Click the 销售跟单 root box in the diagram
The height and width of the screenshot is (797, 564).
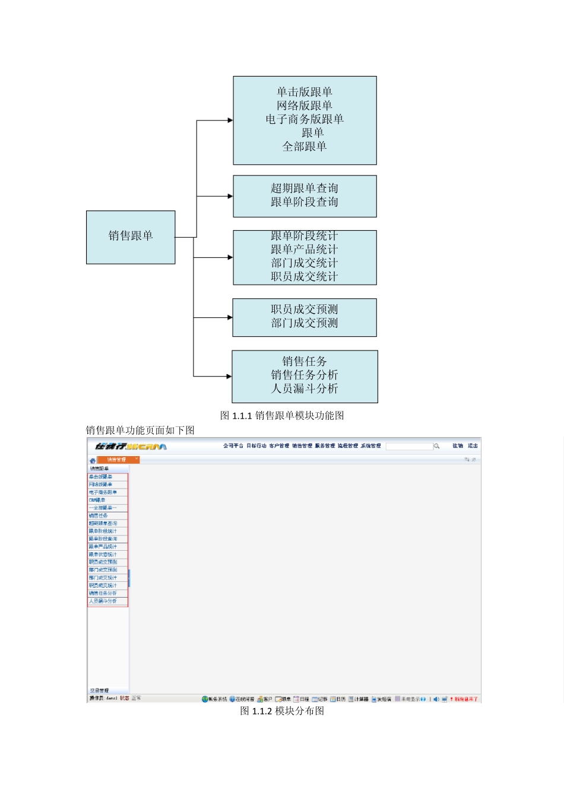[x=131, y=237]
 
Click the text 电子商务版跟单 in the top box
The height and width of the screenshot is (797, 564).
[x=305, y=119]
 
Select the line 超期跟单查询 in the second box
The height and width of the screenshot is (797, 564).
[x=305, y=189]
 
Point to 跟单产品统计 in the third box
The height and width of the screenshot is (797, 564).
[x=305, y=250]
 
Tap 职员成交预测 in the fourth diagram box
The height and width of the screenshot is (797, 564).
[x=305, y=310]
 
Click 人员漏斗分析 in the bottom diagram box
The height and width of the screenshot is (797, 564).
[x=305, y=389]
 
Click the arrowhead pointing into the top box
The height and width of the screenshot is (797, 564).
[x=230, y=120]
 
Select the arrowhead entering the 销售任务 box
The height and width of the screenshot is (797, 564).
[x=229, y=376]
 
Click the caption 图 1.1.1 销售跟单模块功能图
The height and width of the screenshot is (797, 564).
[x=282, y=416]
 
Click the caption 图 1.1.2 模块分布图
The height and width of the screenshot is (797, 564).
[x=282, y=711]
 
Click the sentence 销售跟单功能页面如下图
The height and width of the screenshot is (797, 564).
[x=140, y=431]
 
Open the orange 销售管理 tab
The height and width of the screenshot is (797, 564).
[x=117, y=460]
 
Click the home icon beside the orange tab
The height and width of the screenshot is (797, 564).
[x=93, y=460]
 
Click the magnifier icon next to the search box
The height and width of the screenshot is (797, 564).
[x=436, y=446]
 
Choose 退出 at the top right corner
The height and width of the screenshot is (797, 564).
[x=473, y=446]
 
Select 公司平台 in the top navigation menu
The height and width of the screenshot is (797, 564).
[x=233, y=446]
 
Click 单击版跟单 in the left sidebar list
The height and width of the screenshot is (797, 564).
[x=100, y=477]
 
